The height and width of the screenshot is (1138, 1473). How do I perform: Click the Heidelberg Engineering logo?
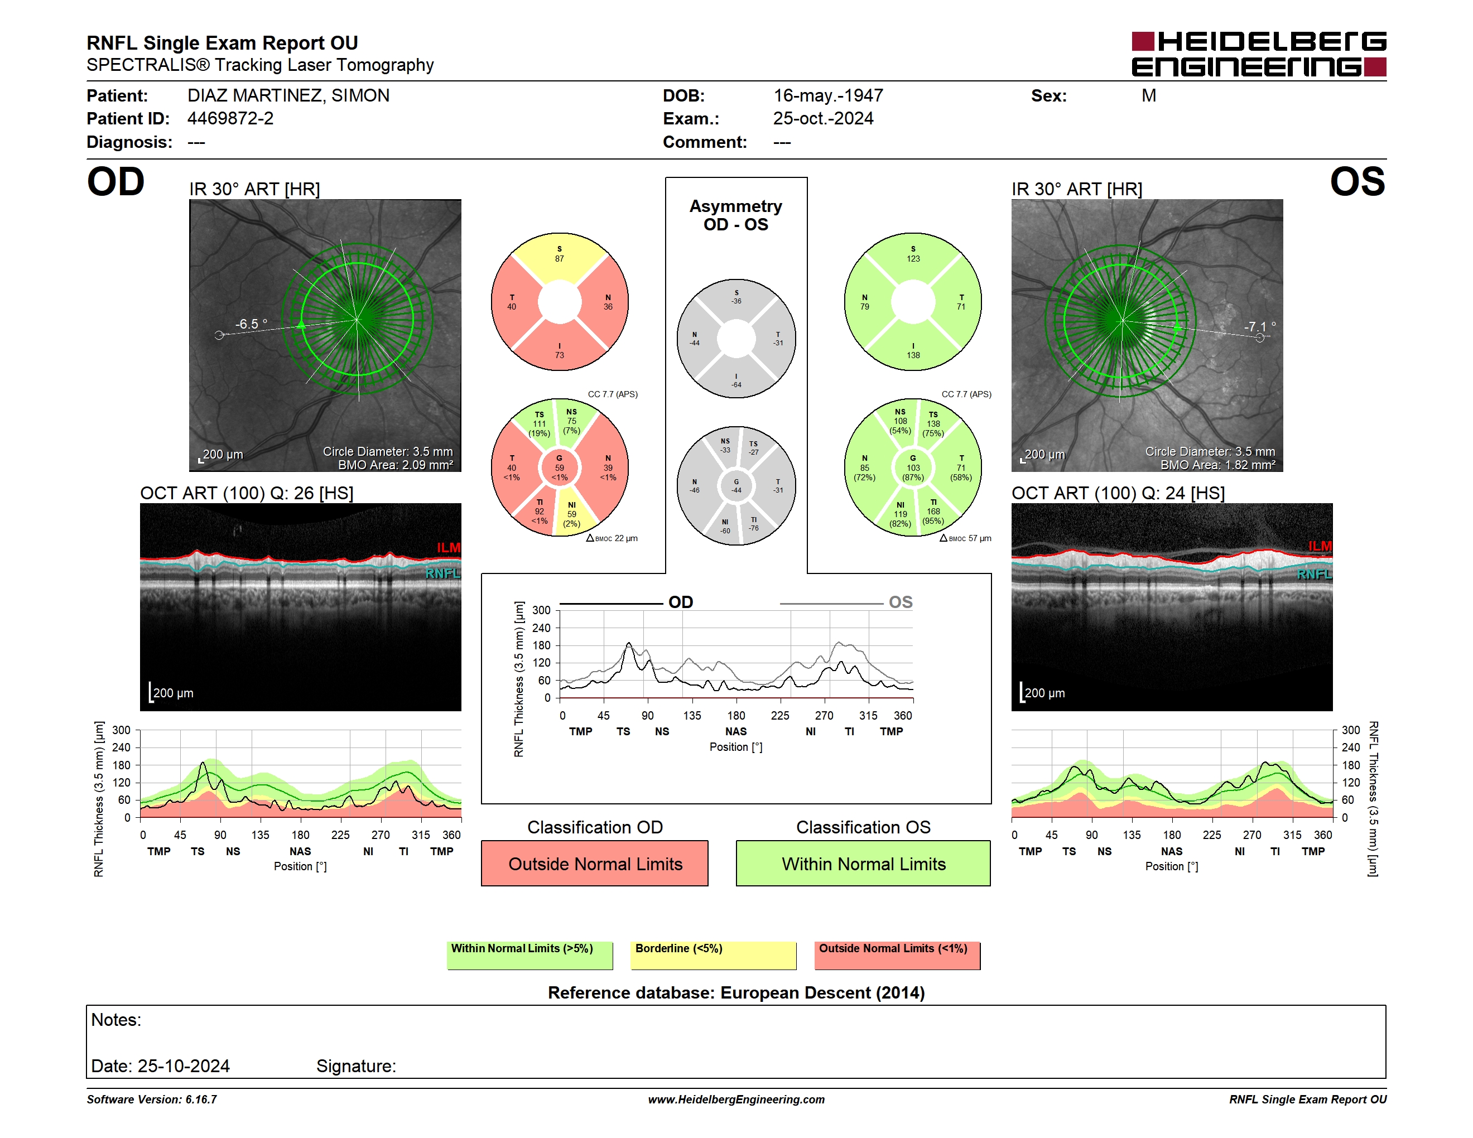[1259, 54]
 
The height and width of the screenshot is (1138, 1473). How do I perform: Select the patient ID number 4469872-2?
[230, 119]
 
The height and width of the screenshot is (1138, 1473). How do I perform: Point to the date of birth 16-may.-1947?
[828, 96]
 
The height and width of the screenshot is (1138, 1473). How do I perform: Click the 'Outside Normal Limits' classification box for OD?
[595, 863]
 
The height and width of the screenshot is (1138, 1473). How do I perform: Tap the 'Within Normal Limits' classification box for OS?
[863, 863]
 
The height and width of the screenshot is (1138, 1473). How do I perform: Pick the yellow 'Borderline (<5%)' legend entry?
[714, 955]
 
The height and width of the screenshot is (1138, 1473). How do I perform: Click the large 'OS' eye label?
[1357, 182]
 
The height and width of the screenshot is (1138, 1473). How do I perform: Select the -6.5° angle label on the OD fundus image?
[251, 324]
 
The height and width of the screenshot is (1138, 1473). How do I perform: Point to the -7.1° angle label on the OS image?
[1260, 327]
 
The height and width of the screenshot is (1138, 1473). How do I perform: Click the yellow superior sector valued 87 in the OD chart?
[560, 259]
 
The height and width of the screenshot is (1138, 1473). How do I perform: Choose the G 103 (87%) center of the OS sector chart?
[913, 467]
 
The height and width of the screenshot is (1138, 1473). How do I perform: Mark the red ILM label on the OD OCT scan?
[449, 547]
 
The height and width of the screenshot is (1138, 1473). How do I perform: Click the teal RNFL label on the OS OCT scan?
[1315, 575]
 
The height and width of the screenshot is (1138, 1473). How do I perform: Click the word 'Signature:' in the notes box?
[356, 1066]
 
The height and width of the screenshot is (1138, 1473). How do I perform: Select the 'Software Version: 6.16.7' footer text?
[152, 1100]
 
